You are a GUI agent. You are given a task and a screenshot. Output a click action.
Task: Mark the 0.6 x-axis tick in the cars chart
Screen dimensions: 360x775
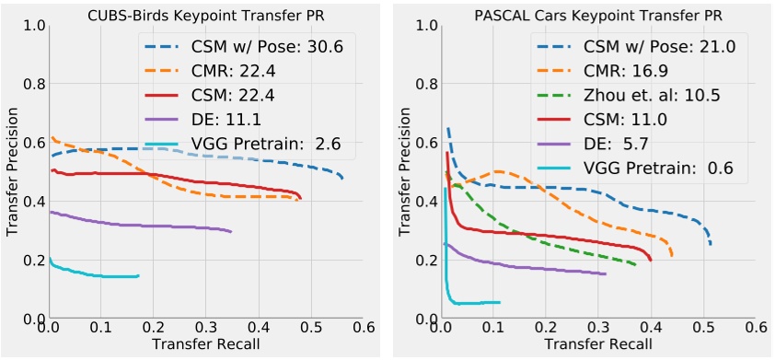pos(755,328)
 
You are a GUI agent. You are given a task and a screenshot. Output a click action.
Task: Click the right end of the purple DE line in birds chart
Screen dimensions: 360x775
pos(230,231)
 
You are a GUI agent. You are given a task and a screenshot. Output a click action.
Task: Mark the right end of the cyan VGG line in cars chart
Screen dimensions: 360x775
pos(499,302)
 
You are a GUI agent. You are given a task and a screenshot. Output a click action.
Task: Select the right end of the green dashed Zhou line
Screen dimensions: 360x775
pos(636,265)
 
